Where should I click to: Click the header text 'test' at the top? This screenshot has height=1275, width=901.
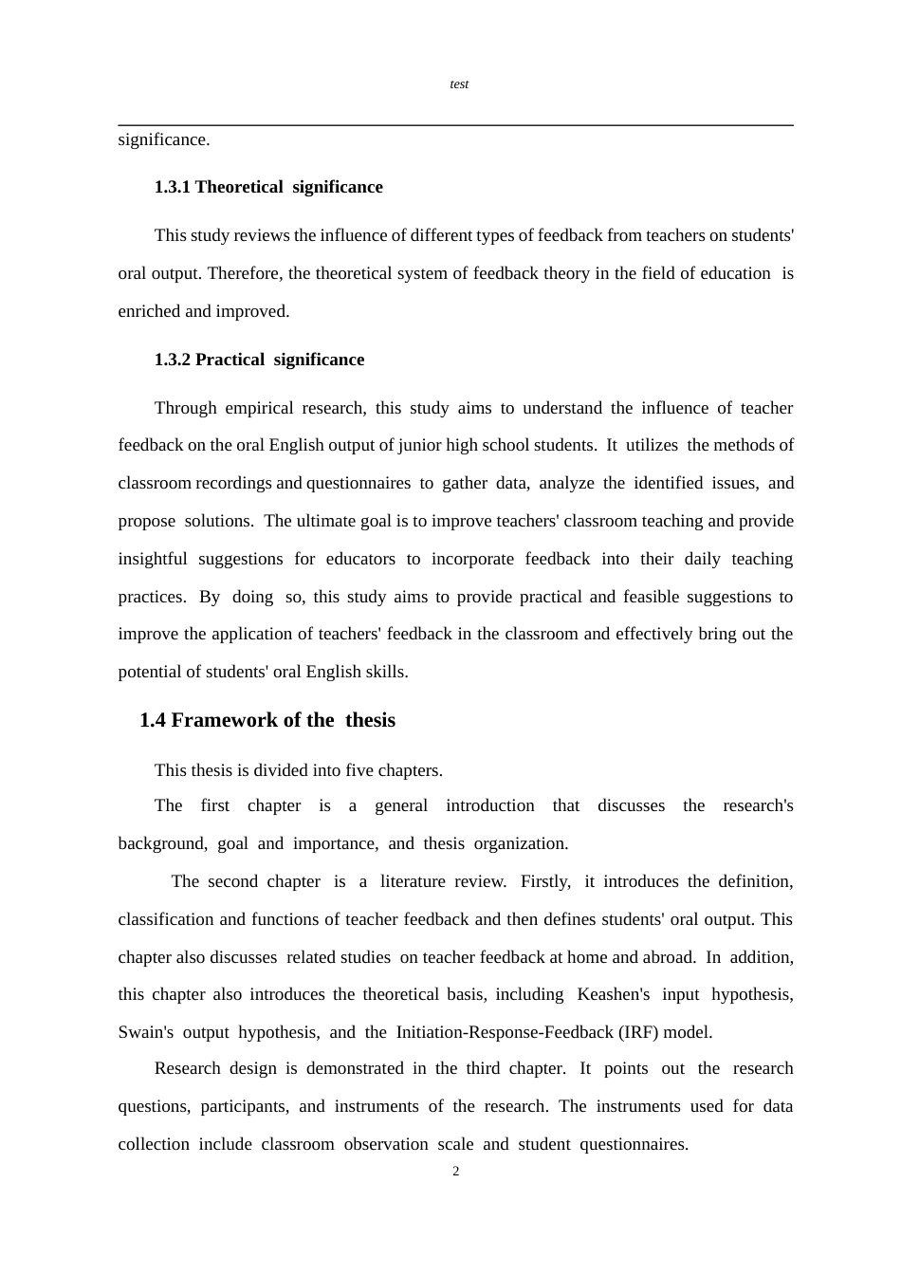click(459, 84)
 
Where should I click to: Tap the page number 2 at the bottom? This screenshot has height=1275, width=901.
click(456, 1172)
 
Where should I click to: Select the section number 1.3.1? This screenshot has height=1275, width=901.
click(173, 187)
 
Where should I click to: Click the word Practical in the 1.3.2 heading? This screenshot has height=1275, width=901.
click(230, 360)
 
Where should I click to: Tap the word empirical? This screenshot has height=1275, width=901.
click(259, 408)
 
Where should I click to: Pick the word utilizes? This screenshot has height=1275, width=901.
click(653, 445)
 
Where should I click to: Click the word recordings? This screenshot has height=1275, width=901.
click(233, 483)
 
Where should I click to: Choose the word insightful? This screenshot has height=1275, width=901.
click(153, 559)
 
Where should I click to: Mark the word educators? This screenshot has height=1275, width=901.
click(360, 559)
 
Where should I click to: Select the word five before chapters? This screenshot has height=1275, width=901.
click(356, 770)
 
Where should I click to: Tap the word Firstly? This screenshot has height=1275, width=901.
click(545, 881)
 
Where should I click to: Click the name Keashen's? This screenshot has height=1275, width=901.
click(614, 994)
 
